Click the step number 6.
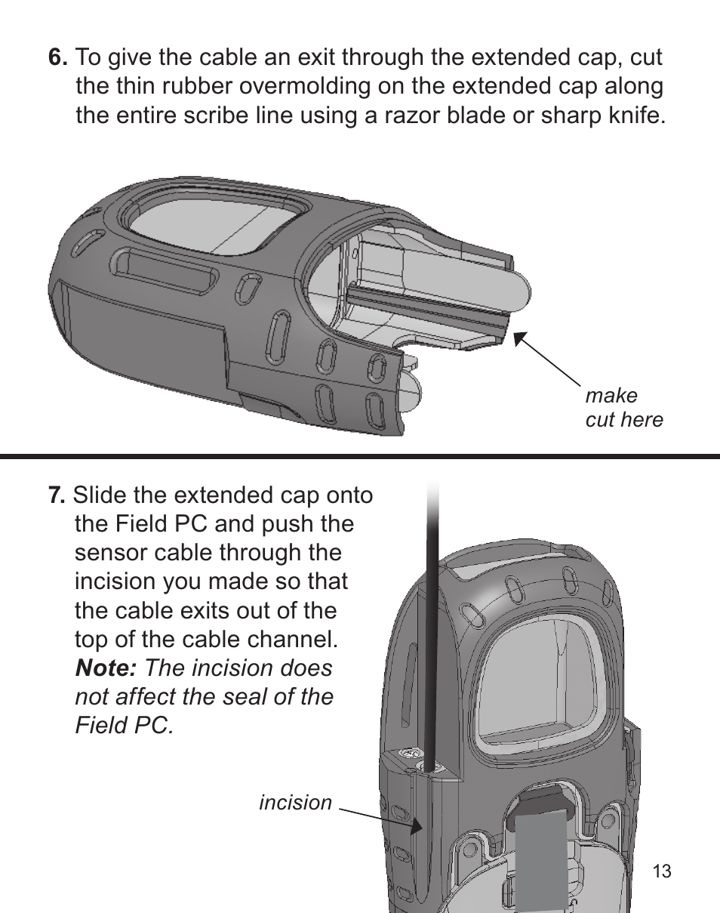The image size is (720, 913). (57, 57)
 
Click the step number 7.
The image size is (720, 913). (57, 495)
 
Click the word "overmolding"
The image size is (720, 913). (304, 87)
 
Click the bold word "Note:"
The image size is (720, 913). (106, 668)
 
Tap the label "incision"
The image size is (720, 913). (296, 803)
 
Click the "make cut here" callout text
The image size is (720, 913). (623, 408)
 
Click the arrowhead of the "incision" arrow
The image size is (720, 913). (417, 825)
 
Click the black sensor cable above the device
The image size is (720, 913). (432, 624)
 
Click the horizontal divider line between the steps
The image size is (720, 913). (360, 456)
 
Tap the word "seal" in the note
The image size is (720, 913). (245, 697)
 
